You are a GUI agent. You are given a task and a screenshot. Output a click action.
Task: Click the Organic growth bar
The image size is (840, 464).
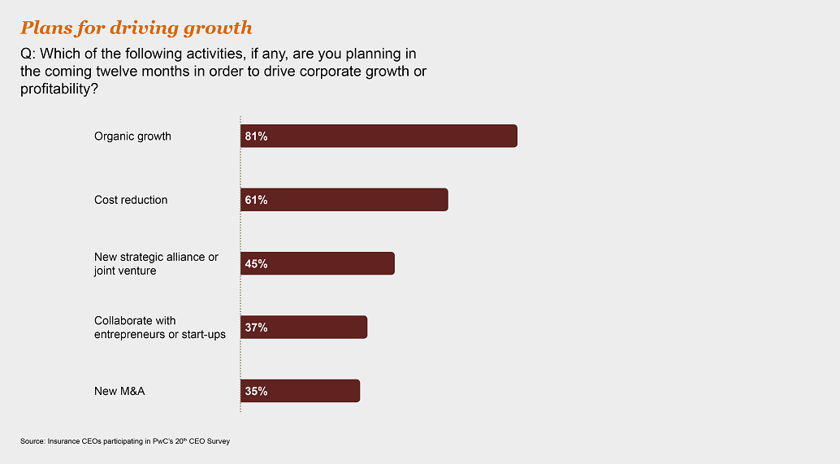point(379,137)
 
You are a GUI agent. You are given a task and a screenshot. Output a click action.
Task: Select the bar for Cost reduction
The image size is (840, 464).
point(344,200)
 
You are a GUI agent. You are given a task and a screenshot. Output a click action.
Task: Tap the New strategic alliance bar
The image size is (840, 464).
point(318,263)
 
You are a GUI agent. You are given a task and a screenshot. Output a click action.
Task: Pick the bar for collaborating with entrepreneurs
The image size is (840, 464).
point(304,327)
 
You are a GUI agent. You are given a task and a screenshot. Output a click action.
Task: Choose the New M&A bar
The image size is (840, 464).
point(300,391)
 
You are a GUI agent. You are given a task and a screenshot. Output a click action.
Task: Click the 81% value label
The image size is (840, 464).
point(256,137)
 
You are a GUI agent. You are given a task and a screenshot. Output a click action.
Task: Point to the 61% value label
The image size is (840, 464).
point(256,200)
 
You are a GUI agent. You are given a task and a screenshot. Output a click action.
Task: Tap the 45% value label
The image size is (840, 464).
point(256,263)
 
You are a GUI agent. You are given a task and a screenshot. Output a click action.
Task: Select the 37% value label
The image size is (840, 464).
point(256,327)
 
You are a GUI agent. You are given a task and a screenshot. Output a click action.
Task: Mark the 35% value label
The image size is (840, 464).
point(256,391)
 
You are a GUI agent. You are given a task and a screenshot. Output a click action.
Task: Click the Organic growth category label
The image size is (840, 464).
point(132,137)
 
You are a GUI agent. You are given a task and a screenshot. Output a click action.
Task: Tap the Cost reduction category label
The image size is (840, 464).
point(131,200)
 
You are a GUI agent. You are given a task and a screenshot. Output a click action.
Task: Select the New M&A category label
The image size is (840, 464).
point(119,391)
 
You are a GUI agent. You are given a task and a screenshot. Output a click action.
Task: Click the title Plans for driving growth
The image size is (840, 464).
point(136,28)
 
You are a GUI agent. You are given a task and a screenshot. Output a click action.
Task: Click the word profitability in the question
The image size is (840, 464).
point(53,89)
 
